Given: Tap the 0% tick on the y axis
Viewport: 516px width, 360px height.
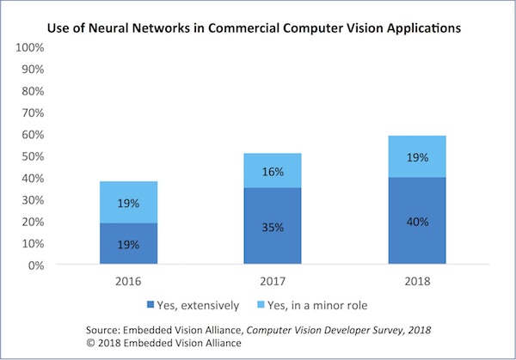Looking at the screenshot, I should coord(37,265).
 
